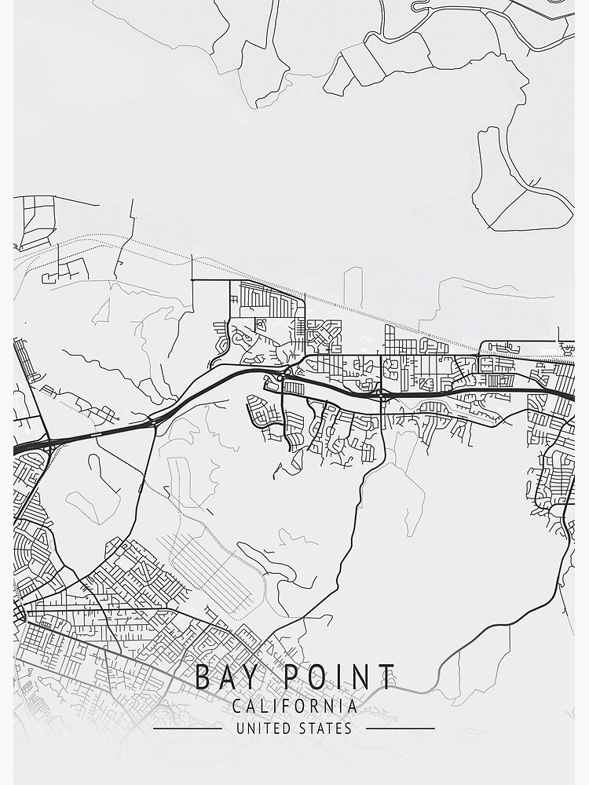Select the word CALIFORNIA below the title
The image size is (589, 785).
pyautogui.click(x=294, y=706)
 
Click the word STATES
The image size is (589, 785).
pyautogui.click(x=326, y=728)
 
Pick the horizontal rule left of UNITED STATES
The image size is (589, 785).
pyautogui.click(x=187, y=728)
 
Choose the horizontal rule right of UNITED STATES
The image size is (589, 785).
pyautogui.click(x=401, y=728)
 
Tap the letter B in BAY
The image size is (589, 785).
pyautogui.click(x=203, y=677)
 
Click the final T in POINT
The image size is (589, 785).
pyautogui.click(x=386, y=677)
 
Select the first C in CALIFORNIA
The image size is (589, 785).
pyautogui.click(x=237, y=706)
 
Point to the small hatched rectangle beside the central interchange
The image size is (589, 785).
pyautogui.click(x=293, y=388)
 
